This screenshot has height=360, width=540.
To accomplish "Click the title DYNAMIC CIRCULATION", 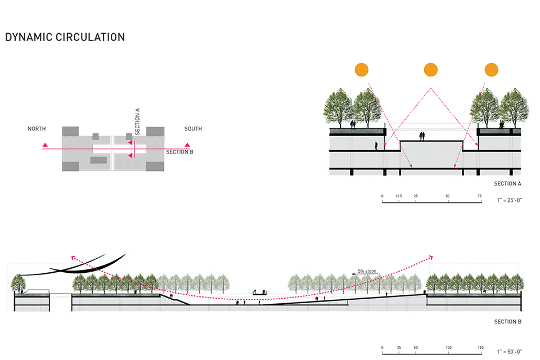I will [65, 38].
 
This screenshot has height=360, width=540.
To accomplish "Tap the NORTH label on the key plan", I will [37, 129].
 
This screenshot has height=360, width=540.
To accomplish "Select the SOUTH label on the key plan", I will [193, 129].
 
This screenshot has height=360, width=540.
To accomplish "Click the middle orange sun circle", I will [431, 70].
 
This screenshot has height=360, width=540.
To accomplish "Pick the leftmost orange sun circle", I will [361, 70].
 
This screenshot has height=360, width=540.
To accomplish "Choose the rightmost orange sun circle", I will [492, 70].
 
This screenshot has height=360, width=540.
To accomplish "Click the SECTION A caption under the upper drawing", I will [507, 183].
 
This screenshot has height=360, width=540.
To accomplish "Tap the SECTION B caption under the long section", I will [507, 322].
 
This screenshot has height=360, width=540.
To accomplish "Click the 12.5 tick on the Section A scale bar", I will [399, 196].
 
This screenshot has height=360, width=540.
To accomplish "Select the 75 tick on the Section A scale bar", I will [480, 196].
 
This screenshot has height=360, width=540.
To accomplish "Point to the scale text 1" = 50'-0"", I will [509, 352].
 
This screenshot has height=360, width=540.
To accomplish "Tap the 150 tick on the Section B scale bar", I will [480, 348].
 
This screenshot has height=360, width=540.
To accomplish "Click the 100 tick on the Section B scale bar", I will [448, 348].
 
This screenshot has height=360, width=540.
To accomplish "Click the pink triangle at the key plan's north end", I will [45, 146].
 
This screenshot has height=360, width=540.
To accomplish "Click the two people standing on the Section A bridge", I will [422, 136].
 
